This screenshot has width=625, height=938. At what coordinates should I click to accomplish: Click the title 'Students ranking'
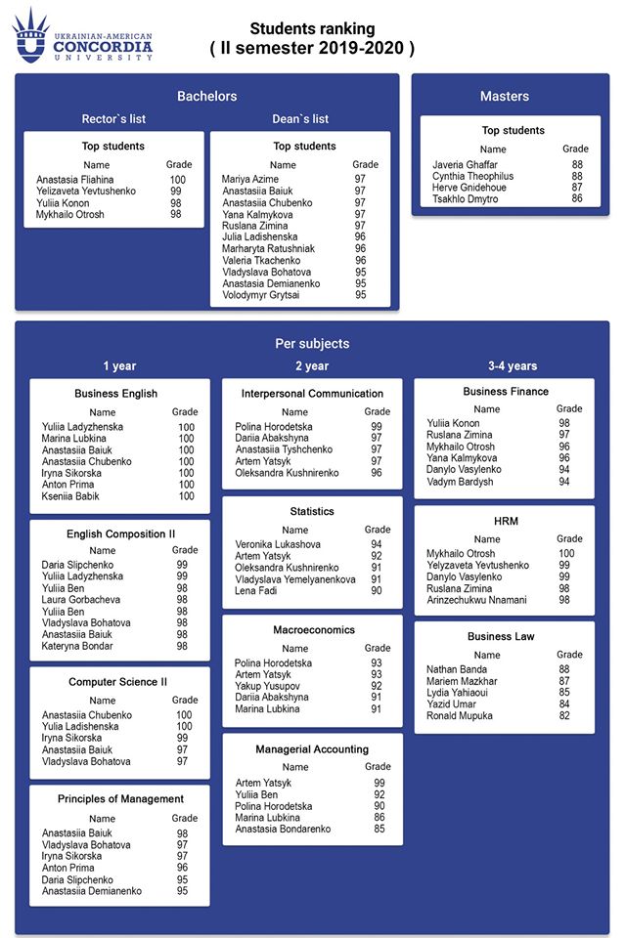coord(312,29)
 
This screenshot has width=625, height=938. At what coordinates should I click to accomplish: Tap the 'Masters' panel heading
coord(504,96)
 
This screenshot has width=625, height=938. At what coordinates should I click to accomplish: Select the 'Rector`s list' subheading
coord(113,119)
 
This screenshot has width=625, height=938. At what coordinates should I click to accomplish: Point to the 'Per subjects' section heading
coord(312,344)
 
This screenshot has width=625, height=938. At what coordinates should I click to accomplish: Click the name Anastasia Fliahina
coord(75,180)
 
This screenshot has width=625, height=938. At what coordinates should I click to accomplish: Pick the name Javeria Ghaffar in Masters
coord(465,165)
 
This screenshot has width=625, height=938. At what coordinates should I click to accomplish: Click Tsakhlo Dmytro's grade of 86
coord(577,199)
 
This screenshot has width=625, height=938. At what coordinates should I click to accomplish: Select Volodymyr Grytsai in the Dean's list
coord(260,295)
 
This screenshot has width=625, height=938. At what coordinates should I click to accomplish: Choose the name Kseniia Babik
coord(70,496)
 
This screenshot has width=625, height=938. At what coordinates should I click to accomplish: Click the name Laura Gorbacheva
coord(81,600)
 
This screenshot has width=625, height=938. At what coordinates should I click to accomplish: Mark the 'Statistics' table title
coord(312,511)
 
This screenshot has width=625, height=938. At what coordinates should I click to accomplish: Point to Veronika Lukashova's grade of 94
coord(377,544)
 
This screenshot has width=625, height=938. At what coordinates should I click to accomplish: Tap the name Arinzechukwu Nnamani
coord(476,600)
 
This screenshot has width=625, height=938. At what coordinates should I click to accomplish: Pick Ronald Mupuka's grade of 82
coord(563,715)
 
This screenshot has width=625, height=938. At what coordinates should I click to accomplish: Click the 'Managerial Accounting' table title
coord(312,749)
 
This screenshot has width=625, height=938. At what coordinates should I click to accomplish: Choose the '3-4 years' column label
coord(513,366)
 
